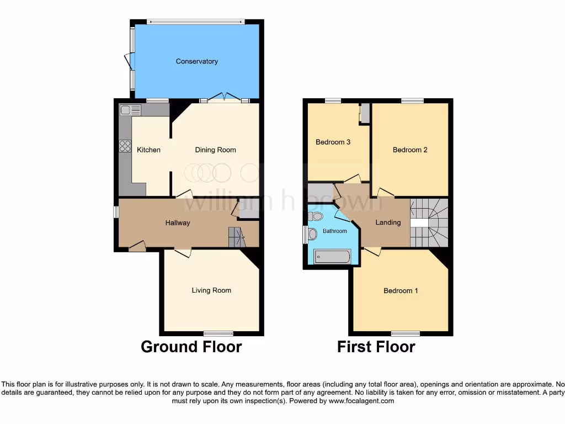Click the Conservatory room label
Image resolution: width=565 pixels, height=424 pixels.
click(196, 61)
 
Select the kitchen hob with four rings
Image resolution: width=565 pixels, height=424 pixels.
click(125, 146)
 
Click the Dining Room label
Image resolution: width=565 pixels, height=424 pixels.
click(215, 150)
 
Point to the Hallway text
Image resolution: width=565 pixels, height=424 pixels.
click(178, 223)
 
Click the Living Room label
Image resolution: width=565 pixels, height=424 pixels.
click(211, 290)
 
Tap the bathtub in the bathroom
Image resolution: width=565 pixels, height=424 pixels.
click(332, 256)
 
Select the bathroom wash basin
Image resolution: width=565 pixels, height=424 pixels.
click(313, 234)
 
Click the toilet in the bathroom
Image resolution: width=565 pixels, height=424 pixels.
click(316, 216)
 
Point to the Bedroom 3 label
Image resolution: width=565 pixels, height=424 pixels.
click(333, 142)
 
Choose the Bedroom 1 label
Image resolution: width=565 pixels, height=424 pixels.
click(401, 291)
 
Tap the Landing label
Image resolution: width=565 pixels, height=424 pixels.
click(388, 222)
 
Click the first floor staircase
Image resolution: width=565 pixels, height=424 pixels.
click(429, 222)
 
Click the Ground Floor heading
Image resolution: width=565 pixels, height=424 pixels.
click(191, 347)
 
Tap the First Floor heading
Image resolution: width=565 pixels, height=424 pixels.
click(376, 347)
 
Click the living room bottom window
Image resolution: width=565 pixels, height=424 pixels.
click(218, 333)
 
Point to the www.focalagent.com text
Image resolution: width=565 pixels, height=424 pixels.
click(361, 401)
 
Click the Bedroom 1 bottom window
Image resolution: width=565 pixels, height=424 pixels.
click(406, 333)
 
